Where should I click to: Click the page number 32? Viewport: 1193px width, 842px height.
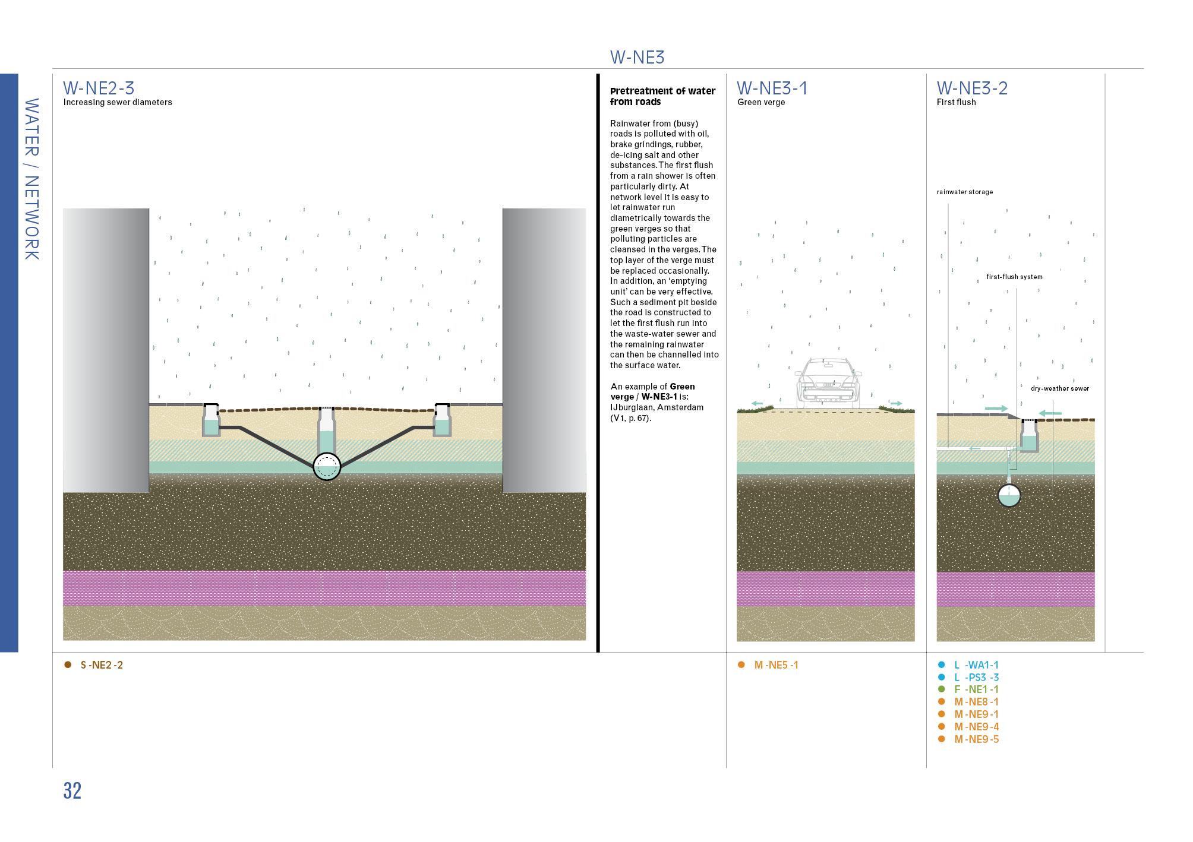tap(72, 791)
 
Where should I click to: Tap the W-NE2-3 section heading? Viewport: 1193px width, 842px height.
tap(99, 88)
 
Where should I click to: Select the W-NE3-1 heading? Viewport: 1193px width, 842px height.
tap(772, 88)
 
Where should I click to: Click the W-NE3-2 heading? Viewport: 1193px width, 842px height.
tap(972, 88)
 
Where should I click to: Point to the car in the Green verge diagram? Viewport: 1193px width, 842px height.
tap(828, 382)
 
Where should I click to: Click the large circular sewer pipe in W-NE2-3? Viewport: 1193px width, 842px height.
tap(327, 466)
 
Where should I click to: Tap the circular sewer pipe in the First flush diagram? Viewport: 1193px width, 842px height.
tap(1009, 495)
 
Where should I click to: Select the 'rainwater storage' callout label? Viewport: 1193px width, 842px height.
tap(964, 192)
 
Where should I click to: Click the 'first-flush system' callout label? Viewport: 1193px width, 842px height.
tap(1014, 277)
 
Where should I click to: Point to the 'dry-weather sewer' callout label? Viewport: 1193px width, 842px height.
tap(1059, 388)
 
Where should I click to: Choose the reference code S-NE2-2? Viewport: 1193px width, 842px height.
tap(102, 665)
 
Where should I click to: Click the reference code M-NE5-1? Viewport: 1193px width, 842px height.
tap(776, 665)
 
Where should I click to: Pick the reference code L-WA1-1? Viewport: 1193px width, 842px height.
tap(976, 665)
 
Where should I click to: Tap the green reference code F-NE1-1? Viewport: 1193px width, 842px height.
tap(976, 689)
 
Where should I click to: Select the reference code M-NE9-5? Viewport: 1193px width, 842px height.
tap(976, 739)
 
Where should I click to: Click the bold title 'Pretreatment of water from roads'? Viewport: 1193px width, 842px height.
tap(662, 96)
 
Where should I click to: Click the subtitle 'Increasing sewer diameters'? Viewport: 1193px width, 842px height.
tap(118, 102)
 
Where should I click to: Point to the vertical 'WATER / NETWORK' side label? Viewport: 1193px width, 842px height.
tap(31, 179)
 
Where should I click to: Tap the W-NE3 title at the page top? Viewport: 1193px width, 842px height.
tap(637, 57)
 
